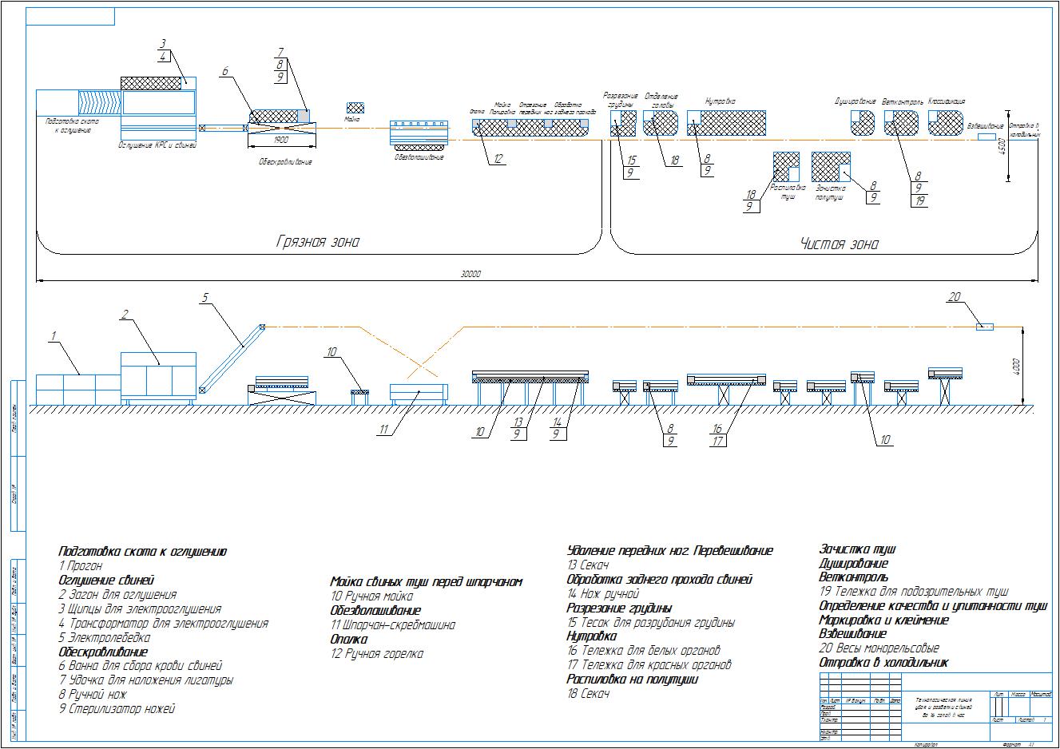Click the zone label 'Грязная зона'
318,242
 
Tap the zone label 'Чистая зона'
839,244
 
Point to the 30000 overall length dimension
472,274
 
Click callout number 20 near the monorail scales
955,297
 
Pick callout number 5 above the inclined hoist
204,298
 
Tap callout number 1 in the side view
54,336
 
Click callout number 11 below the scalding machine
384,430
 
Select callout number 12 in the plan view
498,158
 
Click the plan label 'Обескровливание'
285,161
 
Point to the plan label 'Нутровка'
720,101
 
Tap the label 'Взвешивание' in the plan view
985,126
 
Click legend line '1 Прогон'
81,566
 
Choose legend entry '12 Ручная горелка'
377,654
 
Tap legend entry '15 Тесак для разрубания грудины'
651,623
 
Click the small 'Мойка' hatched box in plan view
355,108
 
